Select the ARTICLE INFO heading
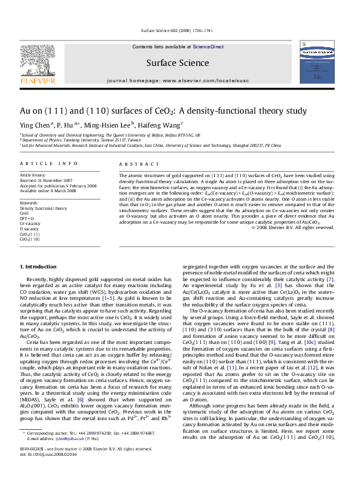(x=49, y=164)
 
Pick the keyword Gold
(x=24, y=213)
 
